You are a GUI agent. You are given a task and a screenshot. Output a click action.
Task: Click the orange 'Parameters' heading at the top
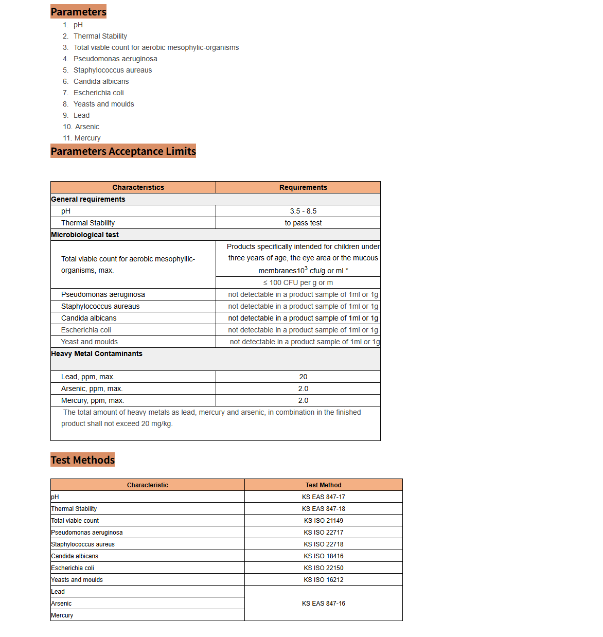(78, 11)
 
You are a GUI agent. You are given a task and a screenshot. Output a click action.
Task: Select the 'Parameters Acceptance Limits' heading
(123, 151)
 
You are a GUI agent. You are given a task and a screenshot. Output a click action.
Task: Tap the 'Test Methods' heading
(82, 459)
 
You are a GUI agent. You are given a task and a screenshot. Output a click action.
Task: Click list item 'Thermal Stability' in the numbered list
(100, 36)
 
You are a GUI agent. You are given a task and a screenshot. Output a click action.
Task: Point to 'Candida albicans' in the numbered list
(101, 81)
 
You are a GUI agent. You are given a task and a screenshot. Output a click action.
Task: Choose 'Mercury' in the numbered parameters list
(87, 138)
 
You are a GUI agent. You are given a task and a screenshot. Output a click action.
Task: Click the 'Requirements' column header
(303, 187)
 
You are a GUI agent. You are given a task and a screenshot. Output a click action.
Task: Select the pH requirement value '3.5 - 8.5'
(303, 211)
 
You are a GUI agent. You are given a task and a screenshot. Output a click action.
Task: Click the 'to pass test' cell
(303, 223)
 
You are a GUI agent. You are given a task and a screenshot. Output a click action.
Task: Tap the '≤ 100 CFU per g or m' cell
(298, 282)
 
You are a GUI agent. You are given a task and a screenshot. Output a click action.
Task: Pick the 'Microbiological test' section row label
(85, 235)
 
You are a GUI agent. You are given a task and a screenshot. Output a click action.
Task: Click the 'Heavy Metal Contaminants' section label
(97, 353)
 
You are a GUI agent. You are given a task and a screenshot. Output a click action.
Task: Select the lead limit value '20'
(303, 377)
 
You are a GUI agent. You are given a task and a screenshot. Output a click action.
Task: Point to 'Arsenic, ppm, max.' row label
(92, 388)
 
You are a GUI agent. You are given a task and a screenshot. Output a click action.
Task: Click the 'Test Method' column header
(323, 485)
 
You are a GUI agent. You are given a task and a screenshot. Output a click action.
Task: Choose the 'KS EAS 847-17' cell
(323, 497)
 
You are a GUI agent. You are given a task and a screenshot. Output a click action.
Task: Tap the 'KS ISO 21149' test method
(323, 520)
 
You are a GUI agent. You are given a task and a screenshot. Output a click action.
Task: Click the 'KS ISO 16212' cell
(323, 579)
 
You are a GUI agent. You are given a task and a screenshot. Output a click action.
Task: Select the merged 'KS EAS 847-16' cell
(323, 603)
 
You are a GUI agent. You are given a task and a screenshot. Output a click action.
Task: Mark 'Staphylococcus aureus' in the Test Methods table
(83, 544)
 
